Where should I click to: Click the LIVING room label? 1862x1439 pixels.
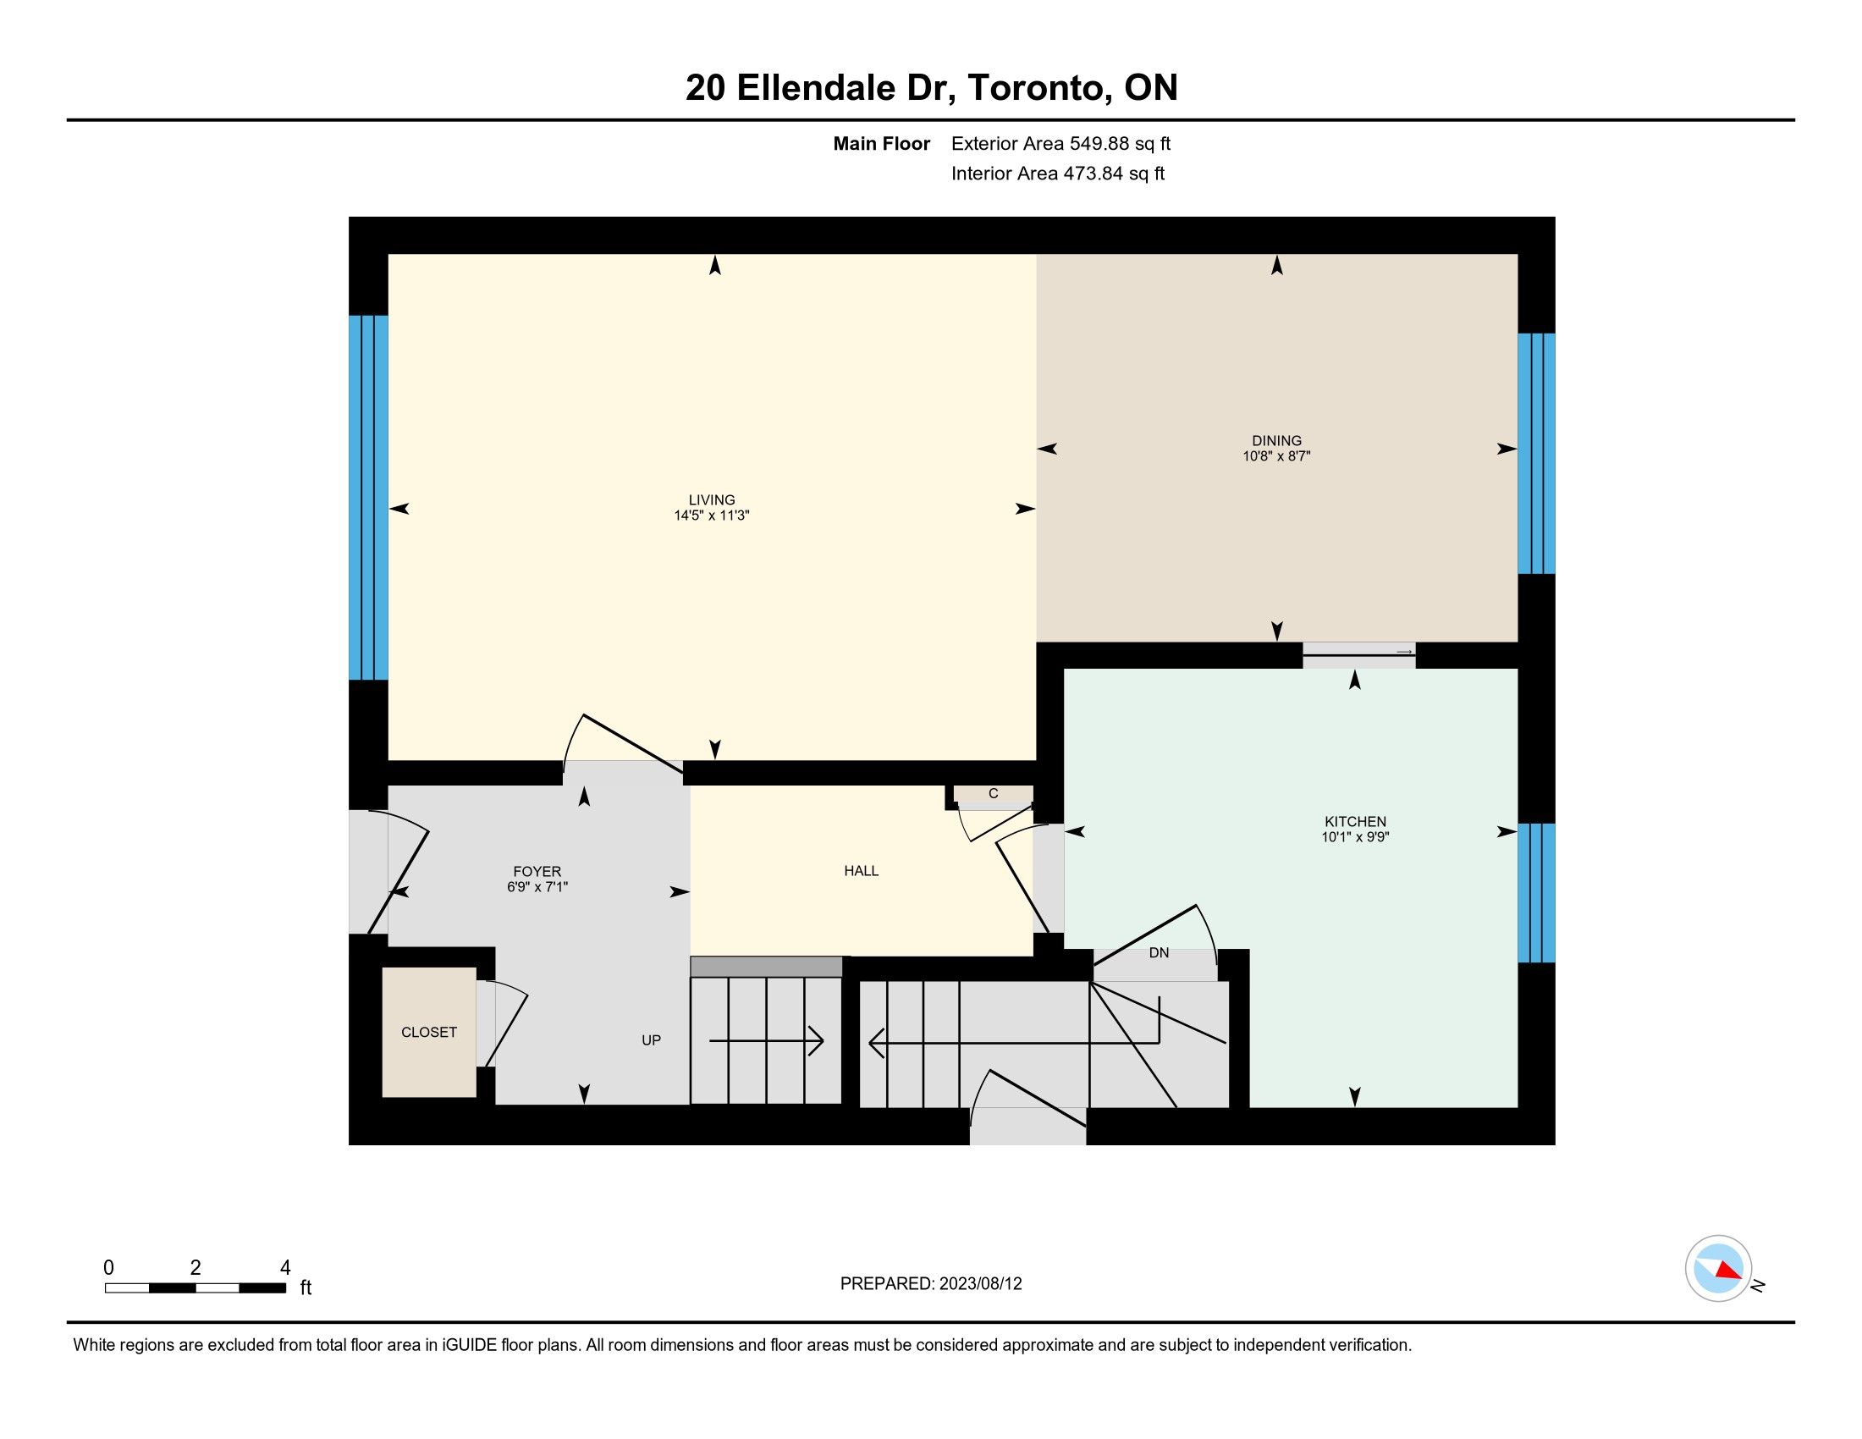pos(712,500)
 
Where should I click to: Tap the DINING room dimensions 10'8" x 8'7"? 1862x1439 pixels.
pos(1276,456)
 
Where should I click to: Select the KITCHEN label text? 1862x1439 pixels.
pos(1356,822)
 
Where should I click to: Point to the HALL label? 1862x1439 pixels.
pos(861,871)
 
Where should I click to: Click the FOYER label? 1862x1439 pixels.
pos(537,871)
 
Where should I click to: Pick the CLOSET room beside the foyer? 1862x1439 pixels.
pos(429,1032)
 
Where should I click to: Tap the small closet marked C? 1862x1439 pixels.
pos(994,794)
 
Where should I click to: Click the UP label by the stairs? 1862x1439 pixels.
pos(652,1040)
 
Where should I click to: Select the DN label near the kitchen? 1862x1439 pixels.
pos(1159,953)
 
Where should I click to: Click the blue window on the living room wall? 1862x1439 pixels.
pos(368,498)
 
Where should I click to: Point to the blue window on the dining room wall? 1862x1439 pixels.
pos(1536,454)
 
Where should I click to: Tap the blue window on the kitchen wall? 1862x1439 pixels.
pos(1536,892)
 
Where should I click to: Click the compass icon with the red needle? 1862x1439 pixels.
pos(1719,1269)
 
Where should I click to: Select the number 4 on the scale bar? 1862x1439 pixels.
pos(285,1268)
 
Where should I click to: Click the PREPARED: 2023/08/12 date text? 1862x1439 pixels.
pos(931,1284)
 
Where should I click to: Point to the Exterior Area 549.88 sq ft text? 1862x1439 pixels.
pos(1060,144)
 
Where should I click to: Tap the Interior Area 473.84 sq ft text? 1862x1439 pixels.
pos(1058,174)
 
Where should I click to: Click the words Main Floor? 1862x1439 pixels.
pos(882,144)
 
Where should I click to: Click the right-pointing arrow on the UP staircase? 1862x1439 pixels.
pos(767,1041)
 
